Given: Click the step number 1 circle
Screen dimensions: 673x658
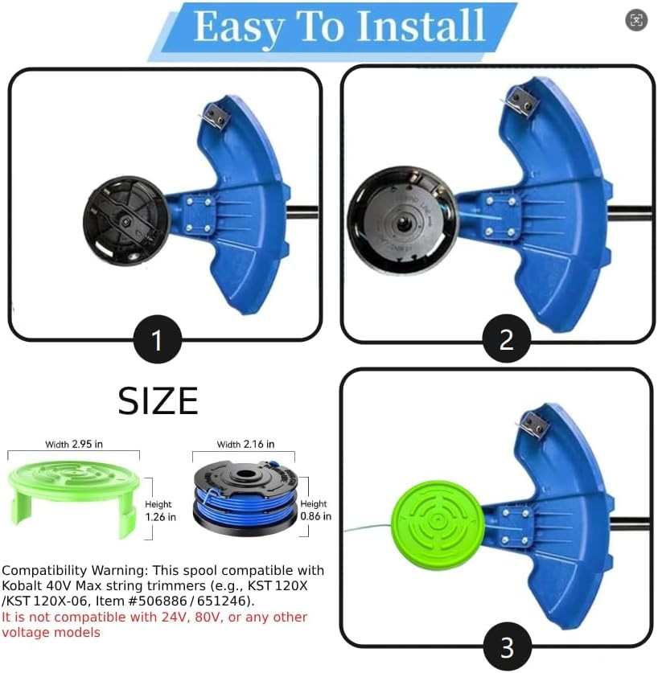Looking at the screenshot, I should [156, 340].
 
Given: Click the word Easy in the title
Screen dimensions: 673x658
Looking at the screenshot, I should [238, 26].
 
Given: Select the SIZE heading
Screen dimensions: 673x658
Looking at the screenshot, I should [158, 400].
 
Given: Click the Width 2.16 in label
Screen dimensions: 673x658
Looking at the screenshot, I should [245, 444].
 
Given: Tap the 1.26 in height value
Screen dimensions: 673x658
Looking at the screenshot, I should [160, 517].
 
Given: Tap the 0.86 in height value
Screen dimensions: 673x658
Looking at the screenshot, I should [315, 517].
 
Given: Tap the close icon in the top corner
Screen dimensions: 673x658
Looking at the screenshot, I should [636, 21].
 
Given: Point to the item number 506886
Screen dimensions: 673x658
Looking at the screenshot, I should [160, 601].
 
